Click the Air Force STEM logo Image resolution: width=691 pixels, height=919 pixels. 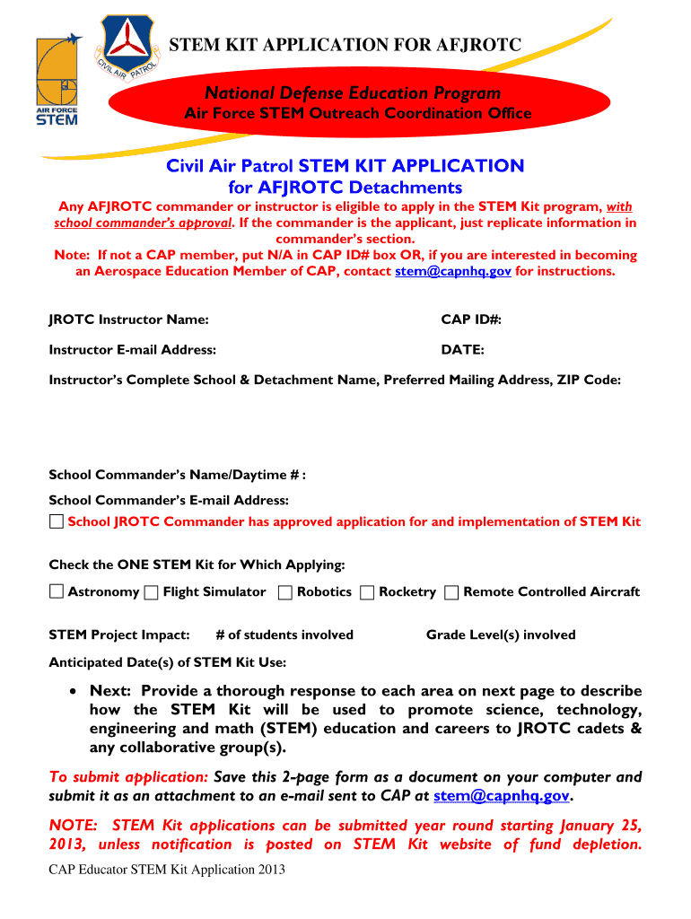click(x=57, y=83)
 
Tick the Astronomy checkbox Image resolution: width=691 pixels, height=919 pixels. click(x=57, y=591)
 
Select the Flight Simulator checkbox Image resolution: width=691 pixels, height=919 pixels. click(x=152, y=591)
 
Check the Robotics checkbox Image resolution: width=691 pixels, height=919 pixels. click(x=284, y=591)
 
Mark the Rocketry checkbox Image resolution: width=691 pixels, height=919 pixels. click(x=367, y=591)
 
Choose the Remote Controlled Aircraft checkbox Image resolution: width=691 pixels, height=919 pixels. click(x=451, y=591)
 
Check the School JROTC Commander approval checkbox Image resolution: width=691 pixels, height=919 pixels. click(x=57, y=521)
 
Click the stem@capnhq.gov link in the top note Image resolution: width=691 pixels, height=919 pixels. click(x=453, y=271)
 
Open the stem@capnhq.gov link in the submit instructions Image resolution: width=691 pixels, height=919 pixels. click(x=501, y=796)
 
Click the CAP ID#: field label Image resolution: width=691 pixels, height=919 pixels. click(x=470, y=319)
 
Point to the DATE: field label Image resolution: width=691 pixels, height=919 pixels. click(x=462, y=350)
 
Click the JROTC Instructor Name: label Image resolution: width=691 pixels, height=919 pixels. click(x=128, y=319)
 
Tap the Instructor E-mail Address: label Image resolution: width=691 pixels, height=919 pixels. click(x=132, y=350)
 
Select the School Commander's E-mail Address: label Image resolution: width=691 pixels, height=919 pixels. click(x=169, y=500)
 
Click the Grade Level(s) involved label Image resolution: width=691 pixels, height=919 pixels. click(x=500, y=635)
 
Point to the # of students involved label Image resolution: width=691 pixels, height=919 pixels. click(x=284, y=635)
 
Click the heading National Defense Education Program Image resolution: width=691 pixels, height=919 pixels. click(x=353, y=93)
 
